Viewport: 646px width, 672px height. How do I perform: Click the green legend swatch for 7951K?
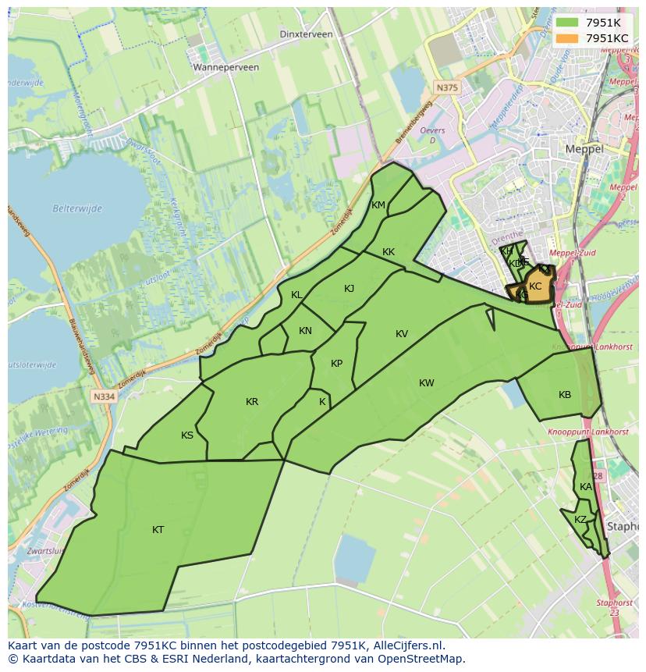click(566, 23)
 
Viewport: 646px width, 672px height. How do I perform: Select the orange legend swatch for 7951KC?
click(566, 37)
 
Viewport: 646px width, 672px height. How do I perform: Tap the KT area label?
click(158, 530)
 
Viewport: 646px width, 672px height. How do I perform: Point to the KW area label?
click(426, 383)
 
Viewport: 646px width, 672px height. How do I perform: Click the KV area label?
click(402, 334)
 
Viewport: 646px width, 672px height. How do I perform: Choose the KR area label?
click(252, 402)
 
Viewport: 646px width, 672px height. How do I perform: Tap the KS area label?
click(187, 436)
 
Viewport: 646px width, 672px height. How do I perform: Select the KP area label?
click(336, 364)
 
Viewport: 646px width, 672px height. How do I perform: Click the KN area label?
click(305, 331)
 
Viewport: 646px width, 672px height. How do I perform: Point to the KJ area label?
click(349, 289)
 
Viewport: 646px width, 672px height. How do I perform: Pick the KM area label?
click(378, 205)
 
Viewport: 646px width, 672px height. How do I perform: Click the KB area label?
click(565, 395)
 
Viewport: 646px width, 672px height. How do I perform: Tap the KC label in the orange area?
click(535, 286)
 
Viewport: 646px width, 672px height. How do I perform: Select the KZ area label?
click(580, 520)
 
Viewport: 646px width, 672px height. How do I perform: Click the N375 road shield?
click(447, 88)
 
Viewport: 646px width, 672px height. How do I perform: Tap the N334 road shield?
click(103, 396)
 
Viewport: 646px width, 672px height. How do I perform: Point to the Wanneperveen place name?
click(226, 67)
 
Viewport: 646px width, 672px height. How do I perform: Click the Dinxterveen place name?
click(306, 34)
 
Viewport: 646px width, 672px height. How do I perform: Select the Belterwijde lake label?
click(77, 208)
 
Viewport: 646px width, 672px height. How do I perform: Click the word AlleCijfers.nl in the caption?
click(406, 645)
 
